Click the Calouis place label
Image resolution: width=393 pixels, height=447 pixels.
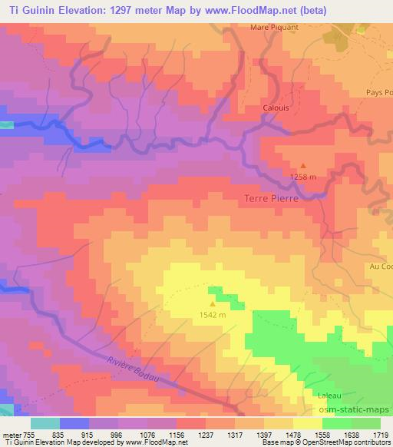point(276,108)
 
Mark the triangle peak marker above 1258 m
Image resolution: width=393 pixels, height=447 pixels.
point(302,165)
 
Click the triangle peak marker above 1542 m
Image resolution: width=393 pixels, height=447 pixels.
point(213,291)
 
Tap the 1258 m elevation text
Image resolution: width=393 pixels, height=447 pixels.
point(303,177)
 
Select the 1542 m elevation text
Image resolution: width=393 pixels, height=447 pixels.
point(213,314)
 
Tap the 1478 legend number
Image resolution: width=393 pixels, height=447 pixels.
point(280,434)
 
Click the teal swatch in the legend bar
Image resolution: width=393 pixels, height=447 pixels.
point(45,423)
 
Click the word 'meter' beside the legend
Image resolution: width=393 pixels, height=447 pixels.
point(12,434)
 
